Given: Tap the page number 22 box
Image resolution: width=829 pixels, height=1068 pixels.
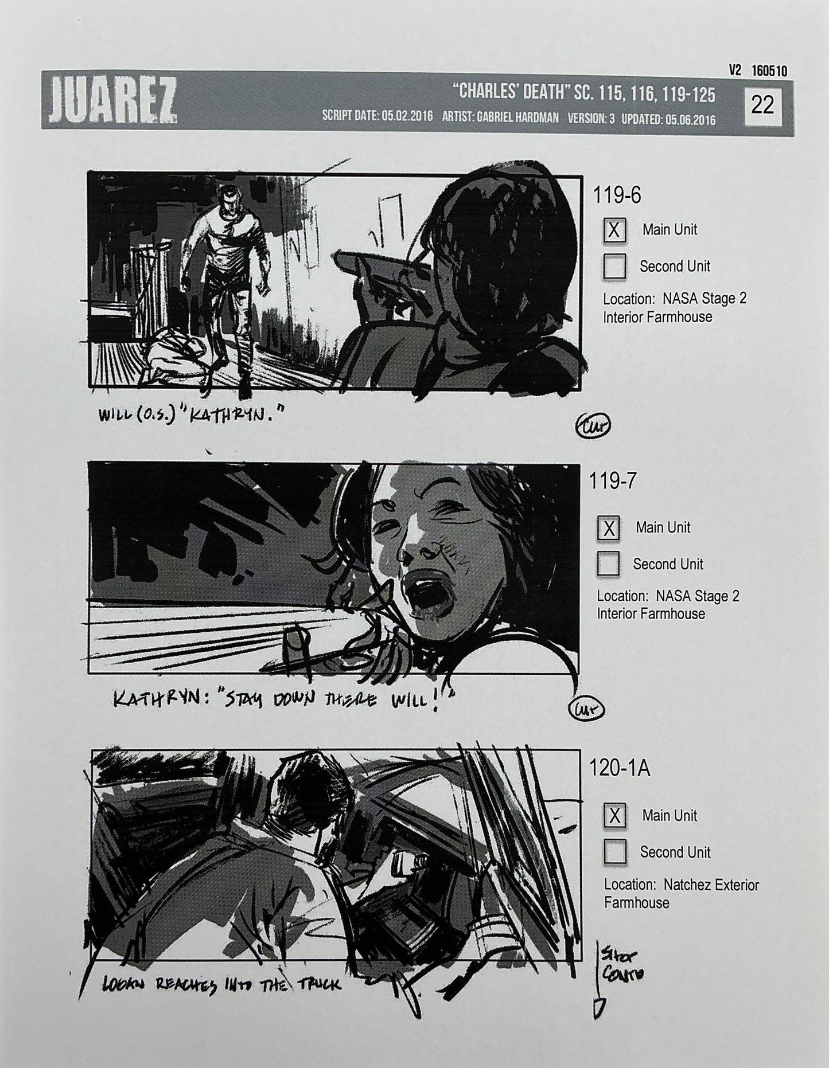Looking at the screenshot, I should click(762, 105).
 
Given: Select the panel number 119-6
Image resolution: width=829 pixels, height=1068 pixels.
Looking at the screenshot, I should click(617, 195).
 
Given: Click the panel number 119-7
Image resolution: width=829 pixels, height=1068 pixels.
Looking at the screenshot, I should click(612, 481).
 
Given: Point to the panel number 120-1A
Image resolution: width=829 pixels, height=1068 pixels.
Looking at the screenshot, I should click(619, 768).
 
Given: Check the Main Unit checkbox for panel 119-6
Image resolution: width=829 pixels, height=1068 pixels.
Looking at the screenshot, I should click(614, 230).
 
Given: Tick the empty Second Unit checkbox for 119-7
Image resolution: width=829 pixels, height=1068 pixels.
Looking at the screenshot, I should click(608, 564).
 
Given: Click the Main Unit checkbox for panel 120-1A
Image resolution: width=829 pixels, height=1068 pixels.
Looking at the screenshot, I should click(614, 816).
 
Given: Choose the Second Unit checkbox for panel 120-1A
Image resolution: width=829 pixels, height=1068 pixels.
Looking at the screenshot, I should click(614, 852).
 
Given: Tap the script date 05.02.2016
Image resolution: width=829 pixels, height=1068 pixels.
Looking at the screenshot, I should click(406, 117).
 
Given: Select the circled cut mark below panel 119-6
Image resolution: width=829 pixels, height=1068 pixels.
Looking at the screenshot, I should click(593, 425).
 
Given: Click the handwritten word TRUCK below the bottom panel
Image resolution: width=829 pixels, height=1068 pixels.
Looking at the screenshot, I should click(318, 984).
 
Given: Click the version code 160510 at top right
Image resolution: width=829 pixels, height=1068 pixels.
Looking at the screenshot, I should click(769, 71).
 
